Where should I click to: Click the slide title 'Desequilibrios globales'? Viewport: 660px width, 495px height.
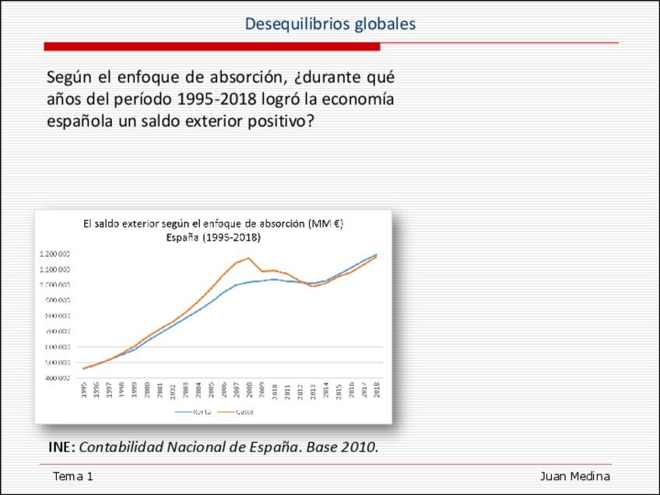coord(330,24)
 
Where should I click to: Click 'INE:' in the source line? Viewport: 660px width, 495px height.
coord(61,448)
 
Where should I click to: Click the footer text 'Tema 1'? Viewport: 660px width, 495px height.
coord(72,476)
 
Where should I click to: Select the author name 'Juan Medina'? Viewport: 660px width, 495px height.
coord(574,476)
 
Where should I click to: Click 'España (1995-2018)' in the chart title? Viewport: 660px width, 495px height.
coord(213,237)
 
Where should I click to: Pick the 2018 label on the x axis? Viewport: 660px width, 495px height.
coord(377,390)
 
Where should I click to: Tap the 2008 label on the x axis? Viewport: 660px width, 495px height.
coord(249,390)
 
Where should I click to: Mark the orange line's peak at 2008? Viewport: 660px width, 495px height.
coord(249,258)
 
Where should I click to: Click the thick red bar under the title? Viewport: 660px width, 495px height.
coord(212,47)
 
